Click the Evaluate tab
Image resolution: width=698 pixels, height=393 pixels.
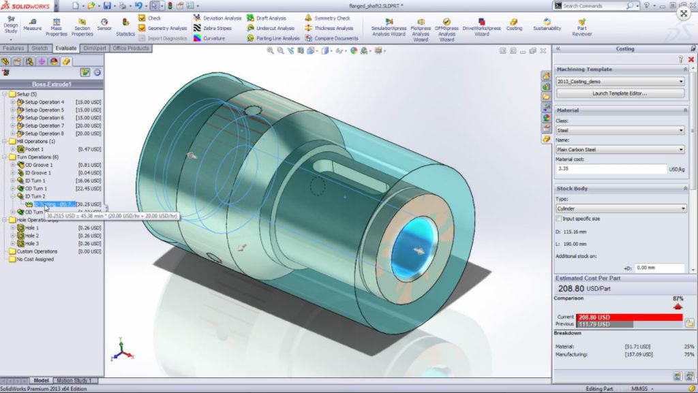pyautogui.click(x=66, y=48)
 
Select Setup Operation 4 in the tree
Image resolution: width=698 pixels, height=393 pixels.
pyautogui.click(x=44, y=101)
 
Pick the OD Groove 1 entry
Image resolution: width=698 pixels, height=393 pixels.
pyautogui.click(x=38, y=165)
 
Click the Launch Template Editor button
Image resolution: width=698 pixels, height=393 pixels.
pyautogui.click(x=619, y=93)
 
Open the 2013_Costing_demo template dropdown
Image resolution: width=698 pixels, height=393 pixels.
pyautogui.click(x=620, y=81)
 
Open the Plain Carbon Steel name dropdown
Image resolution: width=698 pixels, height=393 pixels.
pyautogui.click(x=620, y=149)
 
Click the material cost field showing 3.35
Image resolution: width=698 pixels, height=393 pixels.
pyautogui.click(x=611, y=169)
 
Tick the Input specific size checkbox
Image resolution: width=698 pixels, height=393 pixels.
pyautogui.click(x=560, y=219)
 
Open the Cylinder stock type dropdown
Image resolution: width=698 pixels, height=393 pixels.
pyautogui.click(x=620, y=208)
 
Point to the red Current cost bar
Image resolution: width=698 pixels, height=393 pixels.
pyautogui.click(x=626, y=317)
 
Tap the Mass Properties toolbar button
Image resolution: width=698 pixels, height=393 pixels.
pyautogui.click(x=57, y=26)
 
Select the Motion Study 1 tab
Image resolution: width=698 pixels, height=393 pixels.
pyautogui.click(x=74, y=381)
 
